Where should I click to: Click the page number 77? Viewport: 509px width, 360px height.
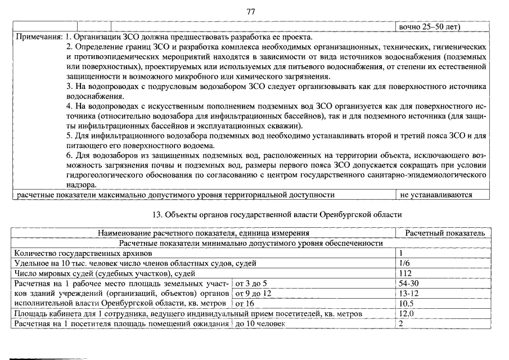251,11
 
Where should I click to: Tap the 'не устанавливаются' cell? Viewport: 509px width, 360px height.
436,195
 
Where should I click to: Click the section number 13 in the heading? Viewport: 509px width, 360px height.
157,215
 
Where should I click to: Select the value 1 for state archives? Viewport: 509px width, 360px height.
401,253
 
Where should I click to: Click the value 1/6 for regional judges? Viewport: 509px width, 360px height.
403,263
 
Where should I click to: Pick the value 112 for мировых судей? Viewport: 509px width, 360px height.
405,273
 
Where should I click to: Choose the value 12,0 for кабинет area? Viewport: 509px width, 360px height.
406,314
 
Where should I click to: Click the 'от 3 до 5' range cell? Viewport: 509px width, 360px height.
251,283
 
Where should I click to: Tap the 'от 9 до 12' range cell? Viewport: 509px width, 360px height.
253,294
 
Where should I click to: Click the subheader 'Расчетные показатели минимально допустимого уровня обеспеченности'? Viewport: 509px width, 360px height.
251,243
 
